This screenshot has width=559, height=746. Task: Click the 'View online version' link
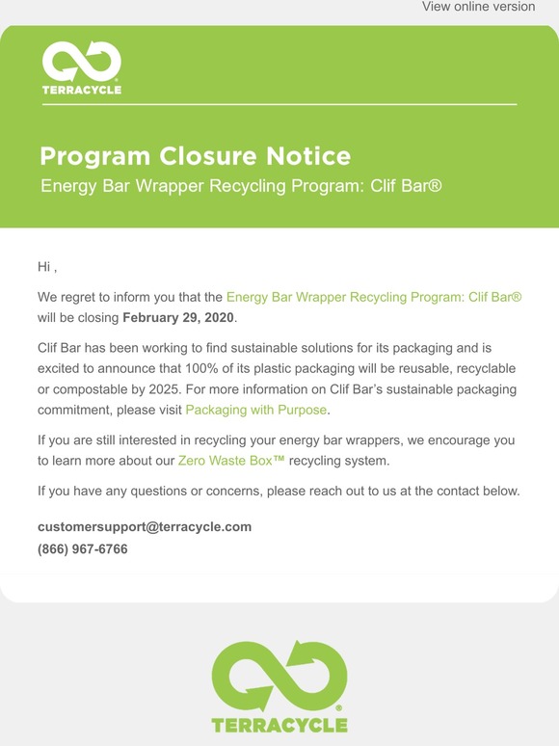(x=478, y=7)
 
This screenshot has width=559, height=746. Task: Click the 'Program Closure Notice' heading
(x=195, y=156)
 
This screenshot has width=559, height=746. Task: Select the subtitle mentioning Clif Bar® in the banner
(x=241, y=185)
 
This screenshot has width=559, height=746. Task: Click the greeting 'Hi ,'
(x=48, y=266)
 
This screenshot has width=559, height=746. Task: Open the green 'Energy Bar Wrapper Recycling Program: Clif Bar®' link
(x=374, y=298)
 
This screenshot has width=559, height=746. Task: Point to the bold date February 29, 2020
(x=178, y=316)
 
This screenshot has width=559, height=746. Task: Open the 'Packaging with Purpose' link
(x=256, y=411)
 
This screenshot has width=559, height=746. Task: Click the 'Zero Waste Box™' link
(x=231, y=462)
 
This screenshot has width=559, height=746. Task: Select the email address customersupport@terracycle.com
(x=145, y=527)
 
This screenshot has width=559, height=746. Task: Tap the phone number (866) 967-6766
(x=83, y=549)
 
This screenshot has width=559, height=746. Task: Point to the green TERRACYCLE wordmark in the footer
(x=279, y=724)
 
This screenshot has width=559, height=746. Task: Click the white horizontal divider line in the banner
(x=279, y=103)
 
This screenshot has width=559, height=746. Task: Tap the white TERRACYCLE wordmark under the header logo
(x=82, y=90)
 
